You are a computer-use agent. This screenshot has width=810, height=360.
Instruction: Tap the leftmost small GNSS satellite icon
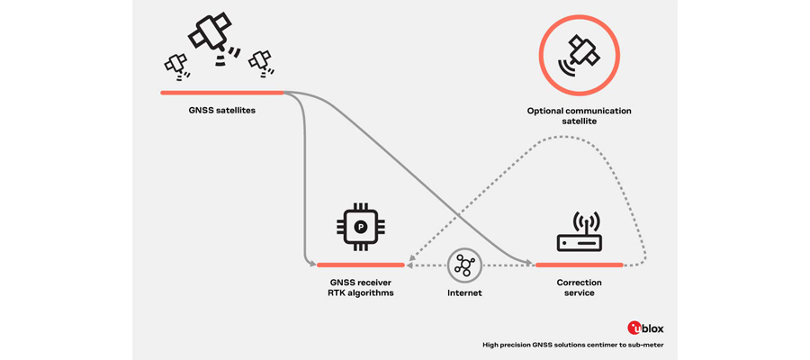click(176, 64)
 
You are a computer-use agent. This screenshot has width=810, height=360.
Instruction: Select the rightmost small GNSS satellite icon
click(261, 60)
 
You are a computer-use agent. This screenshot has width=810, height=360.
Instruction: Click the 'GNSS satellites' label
click(221, 111)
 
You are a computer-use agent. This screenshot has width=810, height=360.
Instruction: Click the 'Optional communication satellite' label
click(579, 115)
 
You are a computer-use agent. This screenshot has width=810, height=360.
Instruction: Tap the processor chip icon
click(360, 228)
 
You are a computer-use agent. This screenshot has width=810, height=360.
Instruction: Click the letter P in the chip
click(360, 228)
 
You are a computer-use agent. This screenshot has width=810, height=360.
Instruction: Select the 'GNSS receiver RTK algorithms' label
click(360, 287)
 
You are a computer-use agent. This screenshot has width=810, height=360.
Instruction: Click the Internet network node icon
click(464, 265)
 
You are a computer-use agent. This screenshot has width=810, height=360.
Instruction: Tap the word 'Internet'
click(464, 292)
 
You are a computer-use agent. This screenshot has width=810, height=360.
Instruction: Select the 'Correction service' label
click(579, 287)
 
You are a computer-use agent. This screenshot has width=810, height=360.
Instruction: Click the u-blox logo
click(645, 328)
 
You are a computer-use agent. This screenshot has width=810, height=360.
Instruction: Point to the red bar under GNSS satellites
click(221, 93)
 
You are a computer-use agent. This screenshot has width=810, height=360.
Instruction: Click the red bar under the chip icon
click(360, 265)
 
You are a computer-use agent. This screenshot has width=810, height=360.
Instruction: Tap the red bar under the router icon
click(579, 265)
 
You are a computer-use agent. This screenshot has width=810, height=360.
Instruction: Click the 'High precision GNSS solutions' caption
click(573, 345)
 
